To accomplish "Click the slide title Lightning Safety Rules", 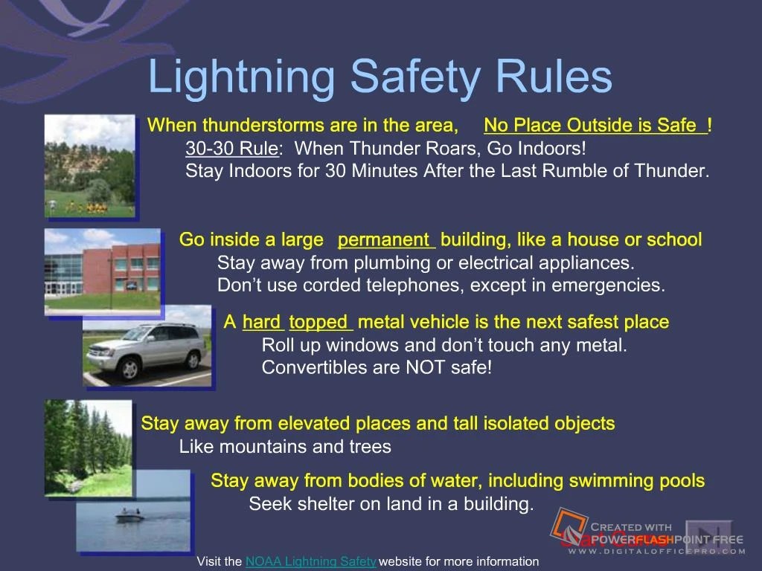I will (380, 77).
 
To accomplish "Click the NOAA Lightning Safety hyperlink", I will (310, 561).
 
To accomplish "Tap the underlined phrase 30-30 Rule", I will (231, 148).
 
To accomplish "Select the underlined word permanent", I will (385, 240).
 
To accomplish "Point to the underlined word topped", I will (320, 322).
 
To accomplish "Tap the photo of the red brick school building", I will (102, 270).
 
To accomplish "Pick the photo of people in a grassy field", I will (90, 166).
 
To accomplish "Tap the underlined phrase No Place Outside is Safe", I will (594, 125).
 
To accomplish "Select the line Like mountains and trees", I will (285, 447).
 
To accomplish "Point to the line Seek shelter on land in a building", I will (391, 504).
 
